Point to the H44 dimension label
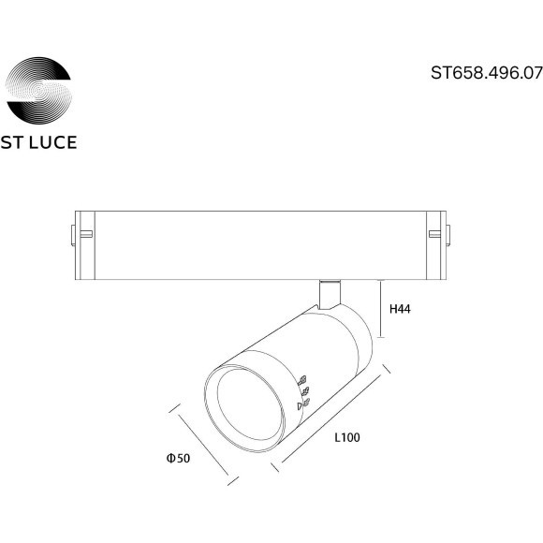click(x=401, y=308)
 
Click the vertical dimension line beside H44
click(x=380, y=309)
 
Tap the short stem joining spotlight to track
click(x=329, y=292)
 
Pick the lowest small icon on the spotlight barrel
click(x=301, y=404)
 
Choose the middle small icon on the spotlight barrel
click(x=303, y=393)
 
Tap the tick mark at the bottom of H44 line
click(x=380, y=338)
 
